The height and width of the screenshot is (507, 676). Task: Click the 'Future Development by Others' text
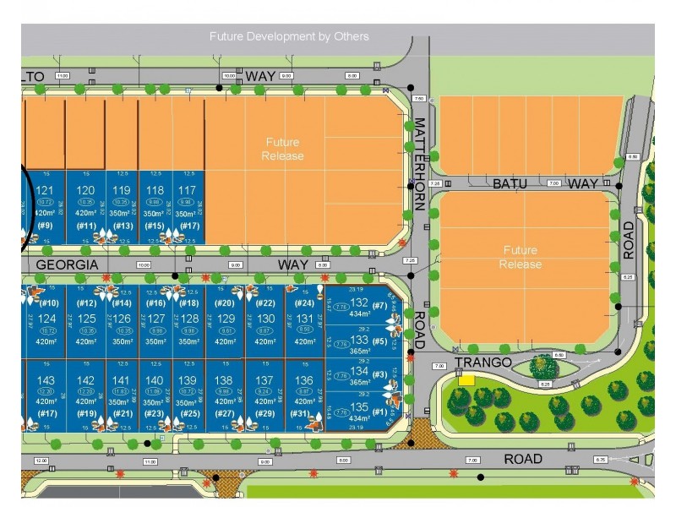tap(289, 36)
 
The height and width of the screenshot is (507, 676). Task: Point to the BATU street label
tap(510, 183)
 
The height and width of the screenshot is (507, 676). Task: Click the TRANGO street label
tap(482, 363)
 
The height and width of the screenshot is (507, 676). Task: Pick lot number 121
tap(46, 190)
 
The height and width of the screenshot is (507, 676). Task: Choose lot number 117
tap(188, 190)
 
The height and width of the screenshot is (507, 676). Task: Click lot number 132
tap(360, 303)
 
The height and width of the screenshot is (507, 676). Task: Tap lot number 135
tap(360, 407)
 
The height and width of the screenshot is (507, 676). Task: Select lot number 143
tap(46, 380)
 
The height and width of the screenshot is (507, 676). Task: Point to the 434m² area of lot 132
tap(360, 314)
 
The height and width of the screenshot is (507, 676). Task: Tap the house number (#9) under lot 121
tap(46, 226)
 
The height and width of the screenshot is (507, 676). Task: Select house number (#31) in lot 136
tap(299, 413)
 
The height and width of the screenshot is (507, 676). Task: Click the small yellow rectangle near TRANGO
tap(466, 381)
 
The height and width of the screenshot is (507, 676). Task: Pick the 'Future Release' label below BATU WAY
tap(521, 257)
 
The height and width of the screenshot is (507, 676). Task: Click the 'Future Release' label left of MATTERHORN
tap(282, 149)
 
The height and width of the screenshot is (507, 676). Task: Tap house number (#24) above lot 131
tap(304, 303)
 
